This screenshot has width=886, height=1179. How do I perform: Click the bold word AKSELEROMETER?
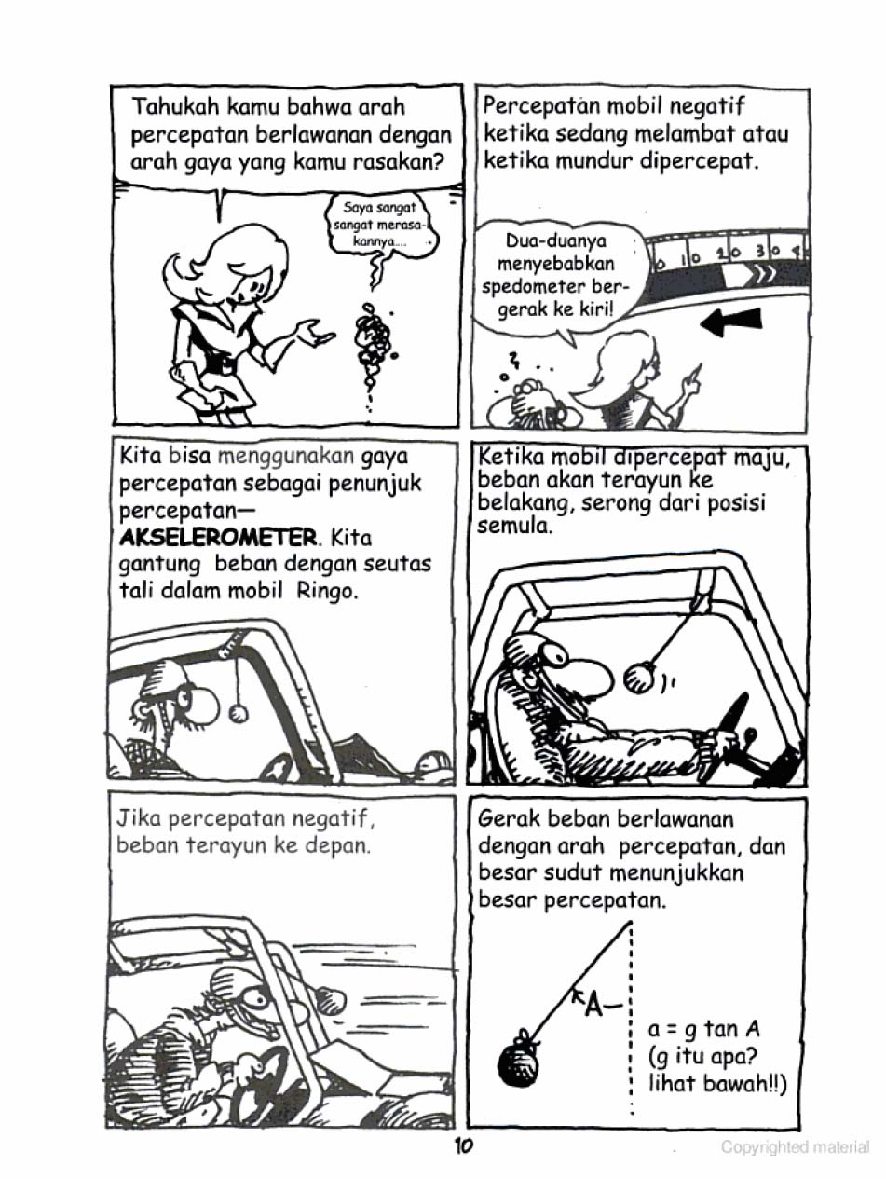click(x=218, y=538)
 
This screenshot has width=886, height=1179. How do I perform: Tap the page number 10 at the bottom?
click(x=464, y=1146)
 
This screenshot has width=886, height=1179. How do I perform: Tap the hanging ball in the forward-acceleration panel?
click(x=639, y=677)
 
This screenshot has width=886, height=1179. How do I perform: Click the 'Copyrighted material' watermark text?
click(x=794, y=1147)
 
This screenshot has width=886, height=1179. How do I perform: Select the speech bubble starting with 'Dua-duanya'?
click(x=556, y=275)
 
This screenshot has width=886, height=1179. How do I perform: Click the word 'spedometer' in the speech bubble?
click(x=531, y=287)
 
